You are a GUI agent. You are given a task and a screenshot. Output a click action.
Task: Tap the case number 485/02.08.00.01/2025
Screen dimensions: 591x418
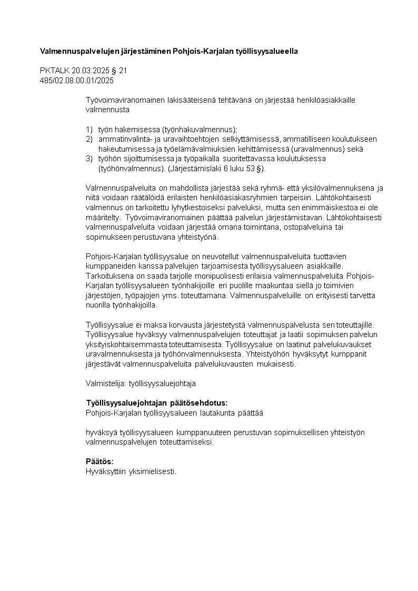click(77, 81)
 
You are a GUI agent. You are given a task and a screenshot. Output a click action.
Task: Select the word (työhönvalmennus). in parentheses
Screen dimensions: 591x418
click(131, 169)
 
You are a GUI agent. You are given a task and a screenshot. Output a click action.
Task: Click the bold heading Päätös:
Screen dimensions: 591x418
click(99, 461)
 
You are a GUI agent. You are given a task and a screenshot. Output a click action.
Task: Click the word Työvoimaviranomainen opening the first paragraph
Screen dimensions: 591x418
click(125, 100)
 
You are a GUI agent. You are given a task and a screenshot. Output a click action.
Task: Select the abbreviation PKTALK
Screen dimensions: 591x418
click(52, 71)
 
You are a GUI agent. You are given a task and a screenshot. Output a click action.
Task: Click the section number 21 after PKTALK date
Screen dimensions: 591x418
click(123, 71)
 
